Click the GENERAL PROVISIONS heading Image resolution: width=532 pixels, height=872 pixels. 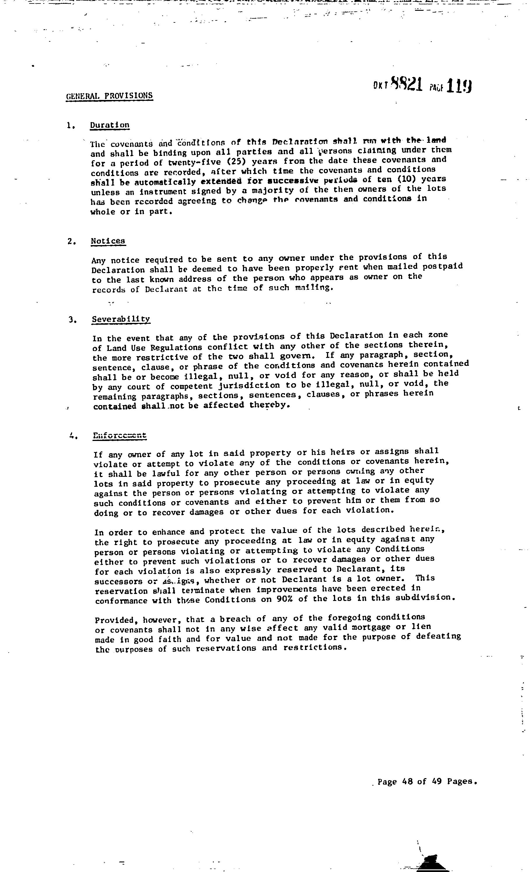pyautogui.click(x=109, y=96)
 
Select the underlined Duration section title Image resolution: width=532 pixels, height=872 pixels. pyautogui.click(x=110, y=125)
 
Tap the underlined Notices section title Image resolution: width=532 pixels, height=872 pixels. pyautogui.click(x=108, y=241)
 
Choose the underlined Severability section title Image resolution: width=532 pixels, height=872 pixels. pyautogui.click(x=121, y=319)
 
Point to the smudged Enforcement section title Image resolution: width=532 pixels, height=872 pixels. pyautogui.click(x=120, y=436)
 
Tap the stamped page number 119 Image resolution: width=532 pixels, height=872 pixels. pyautogui.click(x=459, y=86)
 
